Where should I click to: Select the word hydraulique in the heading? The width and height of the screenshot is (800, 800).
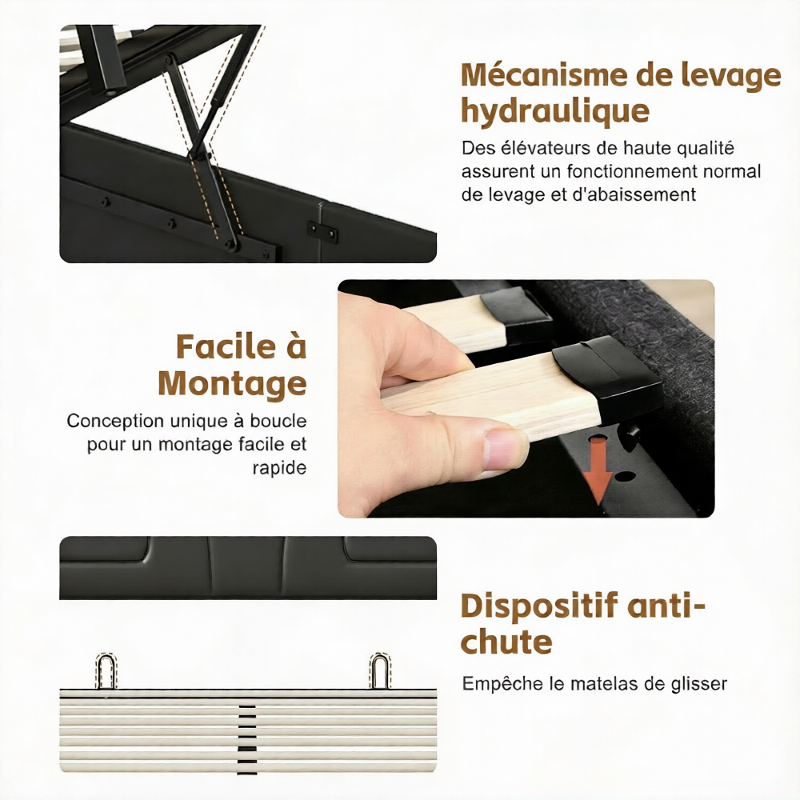pyautogui.click(x=555, y=112)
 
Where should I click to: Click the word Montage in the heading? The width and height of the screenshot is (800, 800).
pyautogui.click(x=233, y=384)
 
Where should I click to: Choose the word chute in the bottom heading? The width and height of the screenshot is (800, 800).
pyautogui.click(x=506, y=642)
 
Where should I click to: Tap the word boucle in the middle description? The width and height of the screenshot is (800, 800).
pyautogui.click(x=278, y=421)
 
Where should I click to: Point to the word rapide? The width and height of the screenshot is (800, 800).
pyautogui.click(x=279, y=468)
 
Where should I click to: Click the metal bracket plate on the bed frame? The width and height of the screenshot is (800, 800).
pyautogui.click(x=322, y=230)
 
